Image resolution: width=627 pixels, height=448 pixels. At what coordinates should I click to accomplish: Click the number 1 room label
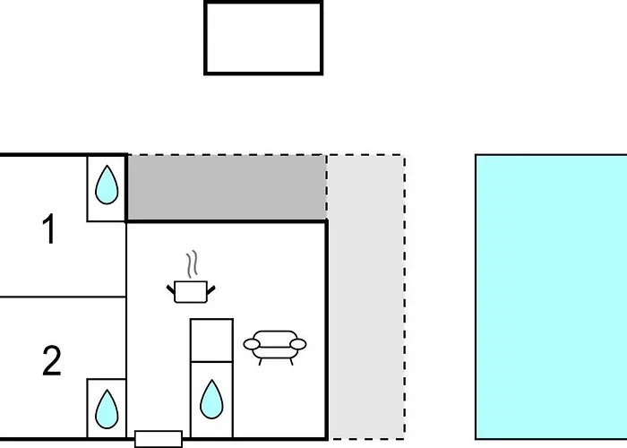point(49,229)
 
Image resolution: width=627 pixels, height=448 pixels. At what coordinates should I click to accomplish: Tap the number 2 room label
point(52,361)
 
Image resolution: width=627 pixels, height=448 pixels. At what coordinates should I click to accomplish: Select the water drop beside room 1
point(107,186)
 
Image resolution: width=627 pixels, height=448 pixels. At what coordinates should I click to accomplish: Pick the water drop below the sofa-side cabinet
point(211,400)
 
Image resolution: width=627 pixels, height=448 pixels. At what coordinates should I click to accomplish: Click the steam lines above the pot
point(191,264)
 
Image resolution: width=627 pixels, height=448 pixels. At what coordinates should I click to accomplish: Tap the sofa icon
point(275,346)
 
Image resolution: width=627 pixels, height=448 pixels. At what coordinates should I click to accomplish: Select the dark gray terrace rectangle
point(226,187)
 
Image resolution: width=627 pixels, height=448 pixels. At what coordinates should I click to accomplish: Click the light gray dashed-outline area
point(365,296)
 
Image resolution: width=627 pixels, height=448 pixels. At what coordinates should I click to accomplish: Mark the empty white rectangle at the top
point(263,38)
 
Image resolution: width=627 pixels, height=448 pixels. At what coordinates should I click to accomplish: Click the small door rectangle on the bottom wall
point(159,439)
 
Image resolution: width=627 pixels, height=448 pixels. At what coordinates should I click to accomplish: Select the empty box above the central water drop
point(211,340)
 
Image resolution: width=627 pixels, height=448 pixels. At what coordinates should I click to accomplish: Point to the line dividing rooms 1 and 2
point(63,297)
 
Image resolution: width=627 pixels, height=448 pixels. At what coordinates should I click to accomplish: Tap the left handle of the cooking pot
point(171,288)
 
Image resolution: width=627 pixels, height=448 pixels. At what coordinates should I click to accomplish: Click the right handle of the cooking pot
point(212,288)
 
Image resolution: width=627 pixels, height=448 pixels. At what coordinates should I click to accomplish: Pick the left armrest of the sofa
point(250,344)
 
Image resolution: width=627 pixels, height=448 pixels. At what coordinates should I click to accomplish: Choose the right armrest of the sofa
point(300,343)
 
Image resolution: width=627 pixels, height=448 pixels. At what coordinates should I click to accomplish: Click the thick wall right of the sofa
point(326,340)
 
